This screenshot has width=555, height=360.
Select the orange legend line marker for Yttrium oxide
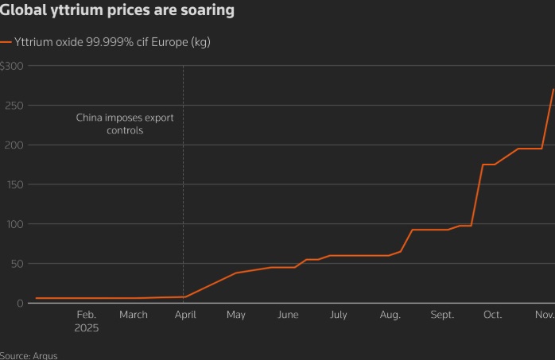6,42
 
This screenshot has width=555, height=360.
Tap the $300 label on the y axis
14,66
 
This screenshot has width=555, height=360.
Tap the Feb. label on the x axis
86,315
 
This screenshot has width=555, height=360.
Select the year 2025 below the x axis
86,327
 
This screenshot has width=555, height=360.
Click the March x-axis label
134,315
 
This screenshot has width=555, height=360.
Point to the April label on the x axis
185,315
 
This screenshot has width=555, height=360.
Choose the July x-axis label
339,315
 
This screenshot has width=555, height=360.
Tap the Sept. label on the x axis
442,315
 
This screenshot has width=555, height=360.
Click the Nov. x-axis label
544,315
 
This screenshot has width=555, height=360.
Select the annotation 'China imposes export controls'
125,123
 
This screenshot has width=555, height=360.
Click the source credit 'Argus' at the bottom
45,355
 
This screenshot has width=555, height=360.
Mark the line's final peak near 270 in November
553,89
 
